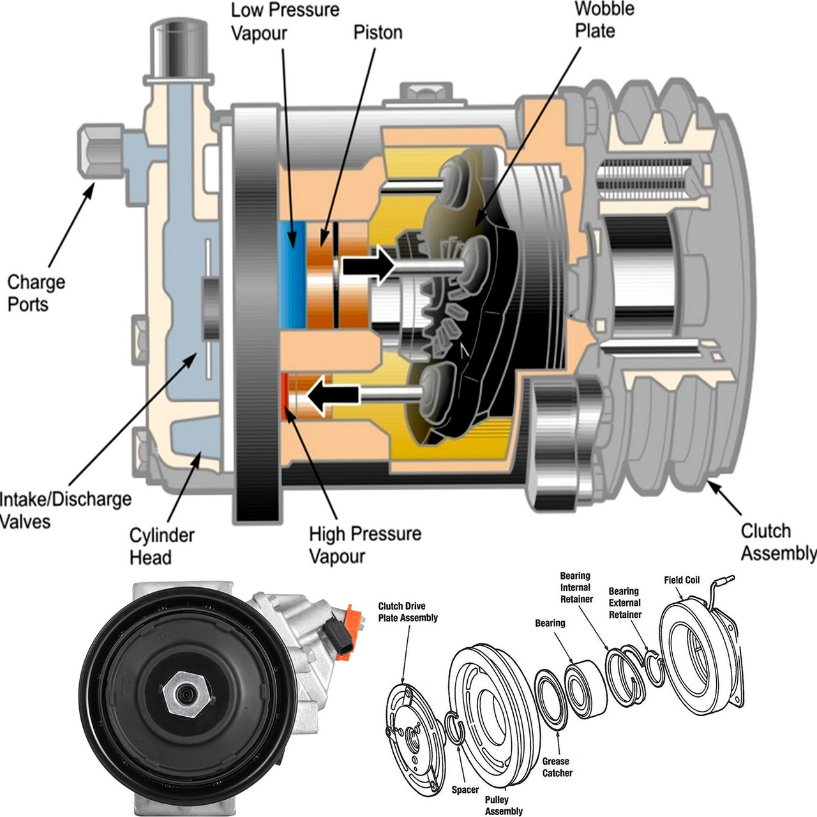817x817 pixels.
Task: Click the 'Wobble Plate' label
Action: pos(604,20)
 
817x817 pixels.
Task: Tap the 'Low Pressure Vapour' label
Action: pos(285,21)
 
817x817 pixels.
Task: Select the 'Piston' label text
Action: pos(378,32)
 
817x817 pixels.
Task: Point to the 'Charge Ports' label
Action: pos(36,293)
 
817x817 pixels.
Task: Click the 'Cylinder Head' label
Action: pos(161,546)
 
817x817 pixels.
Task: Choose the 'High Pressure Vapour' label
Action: pos(364,544)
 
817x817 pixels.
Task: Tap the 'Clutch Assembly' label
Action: pos(777,542)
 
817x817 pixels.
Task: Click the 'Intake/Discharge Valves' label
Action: pos(64,510)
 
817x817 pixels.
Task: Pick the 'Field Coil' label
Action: pos(681,580)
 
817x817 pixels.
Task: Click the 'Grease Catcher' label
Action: pos(557,767)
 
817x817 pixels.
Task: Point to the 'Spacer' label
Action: pos(465,790)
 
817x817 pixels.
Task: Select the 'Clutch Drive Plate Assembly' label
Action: pos(408,611)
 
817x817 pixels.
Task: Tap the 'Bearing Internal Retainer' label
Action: pos(576,587)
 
